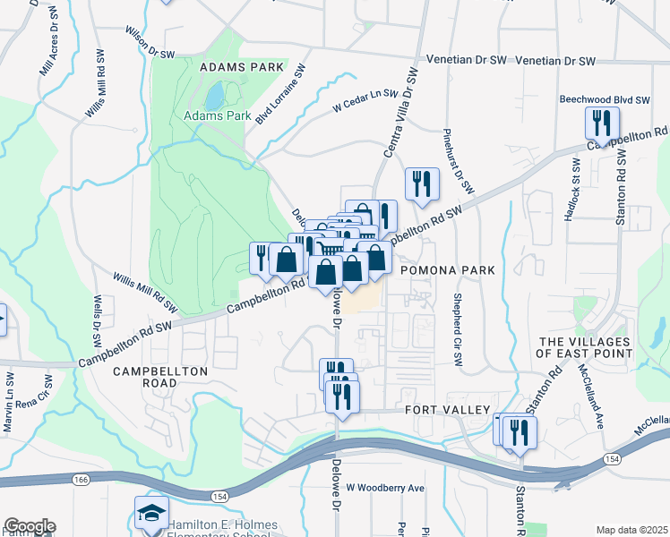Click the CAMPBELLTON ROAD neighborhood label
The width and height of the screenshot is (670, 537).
(x=161, y=377)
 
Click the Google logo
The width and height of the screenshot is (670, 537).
(x=30, y=526)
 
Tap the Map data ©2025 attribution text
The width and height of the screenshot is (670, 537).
(x=631, y=530)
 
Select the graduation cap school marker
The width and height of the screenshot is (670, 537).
(x=151, y=514)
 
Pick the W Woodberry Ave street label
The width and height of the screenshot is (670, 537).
(x=385, y=488)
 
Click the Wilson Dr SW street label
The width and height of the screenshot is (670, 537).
(x=149, y=41)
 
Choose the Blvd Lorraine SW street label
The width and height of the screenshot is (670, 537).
(x=280, y=93)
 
